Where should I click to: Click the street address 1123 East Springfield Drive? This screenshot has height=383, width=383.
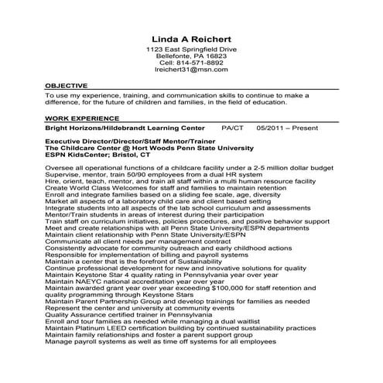coord(191,50)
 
